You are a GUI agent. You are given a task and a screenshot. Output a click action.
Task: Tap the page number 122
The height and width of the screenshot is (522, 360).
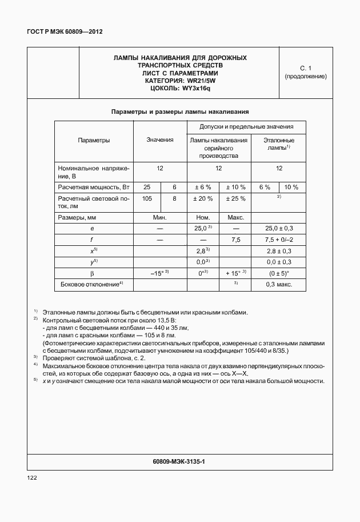coord(32,477)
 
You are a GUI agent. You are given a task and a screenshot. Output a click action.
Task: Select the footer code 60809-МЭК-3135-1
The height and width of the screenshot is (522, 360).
coord(179,461)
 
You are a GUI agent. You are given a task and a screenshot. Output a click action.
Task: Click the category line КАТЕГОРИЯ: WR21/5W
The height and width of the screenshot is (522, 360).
coord(179,81)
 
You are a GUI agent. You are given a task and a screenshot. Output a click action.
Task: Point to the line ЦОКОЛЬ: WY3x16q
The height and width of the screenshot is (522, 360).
coord(179,88)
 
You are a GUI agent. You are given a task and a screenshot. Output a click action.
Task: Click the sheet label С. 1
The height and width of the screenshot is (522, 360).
coord(305,68)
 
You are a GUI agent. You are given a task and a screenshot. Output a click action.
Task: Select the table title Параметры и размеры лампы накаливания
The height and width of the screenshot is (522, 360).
coord(179,112)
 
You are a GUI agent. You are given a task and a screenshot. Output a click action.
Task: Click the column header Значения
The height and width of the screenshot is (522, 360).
coord(159,140)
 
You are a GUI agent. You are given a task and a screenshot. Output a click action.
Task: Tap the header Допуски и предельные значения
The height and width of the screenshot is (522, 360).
coord(246,127)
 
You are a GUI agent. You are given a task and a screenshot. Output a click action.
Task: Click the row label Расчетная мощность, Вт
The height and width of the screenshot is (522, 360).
coord(94,187)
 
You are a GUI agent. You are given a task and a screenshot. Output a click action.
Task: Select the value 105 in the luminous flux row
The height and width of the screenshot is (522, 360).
coord(147,198)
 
